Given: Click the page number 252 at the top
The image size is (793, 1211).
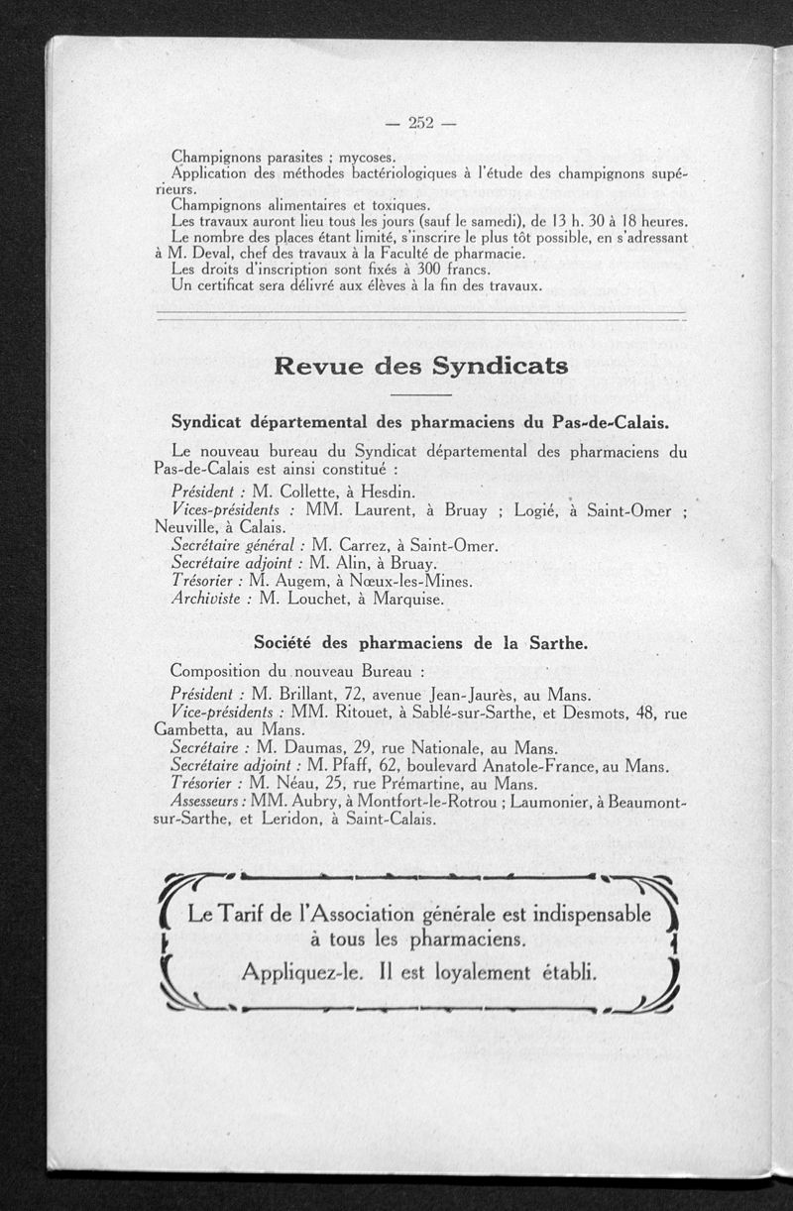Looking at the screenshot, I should click(x=421, y=123).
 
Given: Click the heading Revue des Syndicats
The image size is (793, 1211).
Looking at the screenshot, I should click(x=420, y=366).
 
